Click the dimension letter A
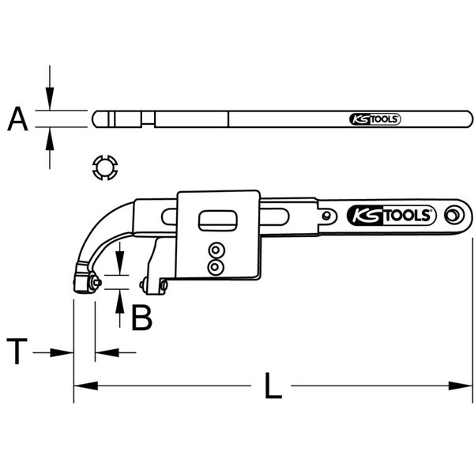click(x=18, y=119)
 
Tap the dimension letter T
click(x=17, y=351)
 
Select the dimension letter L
click(x=271, y=386)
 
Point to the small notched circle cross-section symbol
click(x=105, y=167)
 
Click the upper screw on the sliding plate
click(x=214, y=251)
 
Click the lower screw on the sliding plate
click(x=214, y=268)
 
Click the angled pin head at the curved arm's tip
click(x=84, y=279)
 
